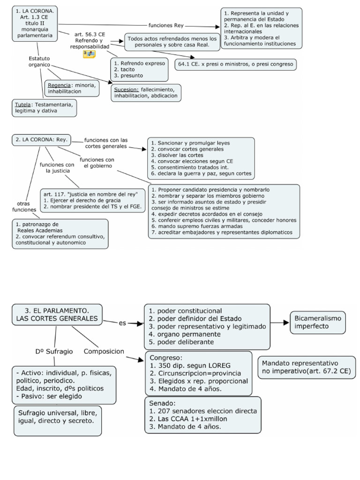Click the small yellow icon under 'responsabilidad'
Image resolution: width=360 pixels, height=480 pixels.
click(89, 54)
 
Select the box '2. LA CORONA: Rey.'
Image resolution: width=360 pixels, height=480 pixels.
click(42, 139)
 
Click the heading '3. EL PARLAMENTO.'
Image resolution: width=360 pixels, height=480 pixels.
click(57, 310)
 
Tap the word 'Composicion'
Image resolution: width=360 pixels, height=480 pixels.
click(104, 351)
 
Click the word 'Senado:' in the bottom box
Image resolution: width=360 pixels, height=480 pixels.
click(162, 403)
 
